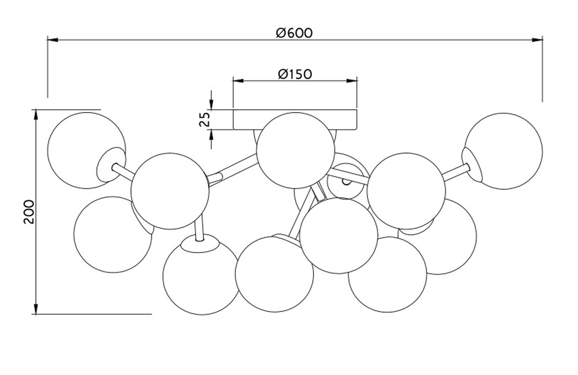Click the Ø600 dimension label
point(294,33)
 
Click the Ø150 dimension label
point(295,74)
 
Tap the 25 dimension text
point(205,119)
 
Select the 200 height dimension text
point(29,211)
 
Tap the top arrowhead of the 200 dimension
point(36,115)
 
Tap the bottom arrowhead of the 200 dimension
point(36,309)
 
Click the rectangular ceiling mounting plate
point(295,119)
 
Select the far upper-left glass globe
point(87,151)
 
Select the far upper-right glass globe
point(504,151)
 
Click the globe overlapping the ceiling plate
point(296,151)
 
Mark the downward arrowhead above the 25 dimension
point(211,104)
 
